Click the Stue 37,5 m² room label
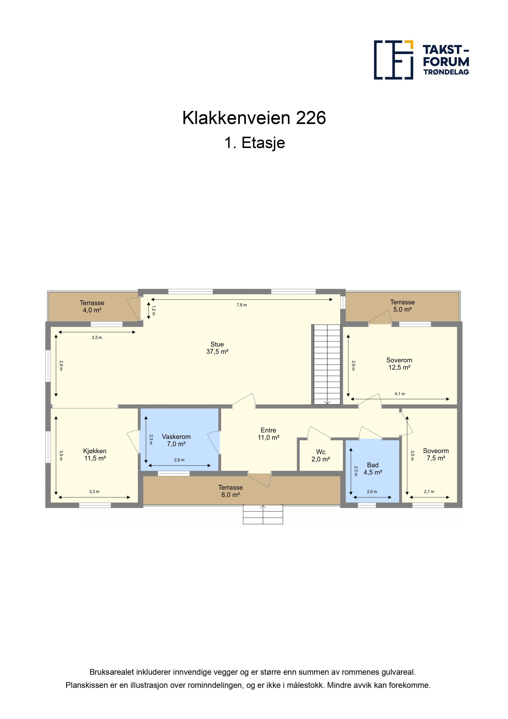(217, 348)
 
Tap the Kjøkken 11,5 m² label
(95, 454)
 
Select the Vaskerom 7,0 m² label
(176, 440)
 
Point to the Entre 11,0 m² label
(269, 434)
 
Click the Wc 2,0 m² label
(321, 455)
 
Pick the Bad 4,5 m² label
(373, 469)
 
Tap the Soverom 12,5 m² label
(399, 364)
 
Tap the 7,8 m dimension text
(242, 305)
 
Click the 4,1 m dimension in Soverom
(400, 394)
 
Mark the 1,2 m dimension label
(153, 310)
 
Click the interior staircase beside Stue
(327, 364)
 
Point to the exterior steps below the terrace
(263, 514)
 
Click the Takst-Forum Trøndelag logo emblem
(393, 60)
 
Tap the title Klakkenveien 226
(254, 118)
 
